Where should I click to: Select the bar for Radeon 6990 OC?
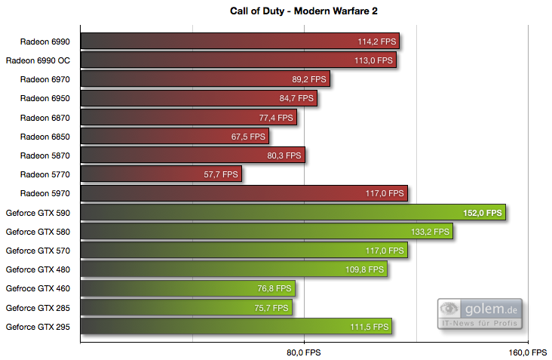[238, 60]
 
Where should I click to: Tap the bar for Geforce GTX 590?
[292, 212]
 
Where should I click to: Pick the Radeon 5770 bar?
[161, 174]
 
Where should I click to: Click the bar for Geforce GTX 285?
[186, 307]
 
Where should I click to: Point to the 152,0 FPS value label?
[483, 213]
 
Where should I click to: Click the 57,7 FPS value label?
[221, 174]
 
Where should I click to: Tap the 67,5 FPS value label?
[248, 137]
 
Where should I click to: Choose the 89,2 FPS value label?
[309, 79]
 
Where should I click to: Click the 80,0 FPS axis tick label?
[303, 352]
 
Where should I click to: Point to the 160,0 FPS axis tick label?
[528, 352]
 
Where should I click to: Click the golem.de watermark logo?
[480, 313]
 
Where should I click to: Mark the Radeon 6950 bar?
[198, 98]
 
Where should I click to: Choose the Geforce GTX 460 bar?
[187, 288]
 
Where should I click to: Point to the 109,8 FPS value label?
[366, 269]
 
